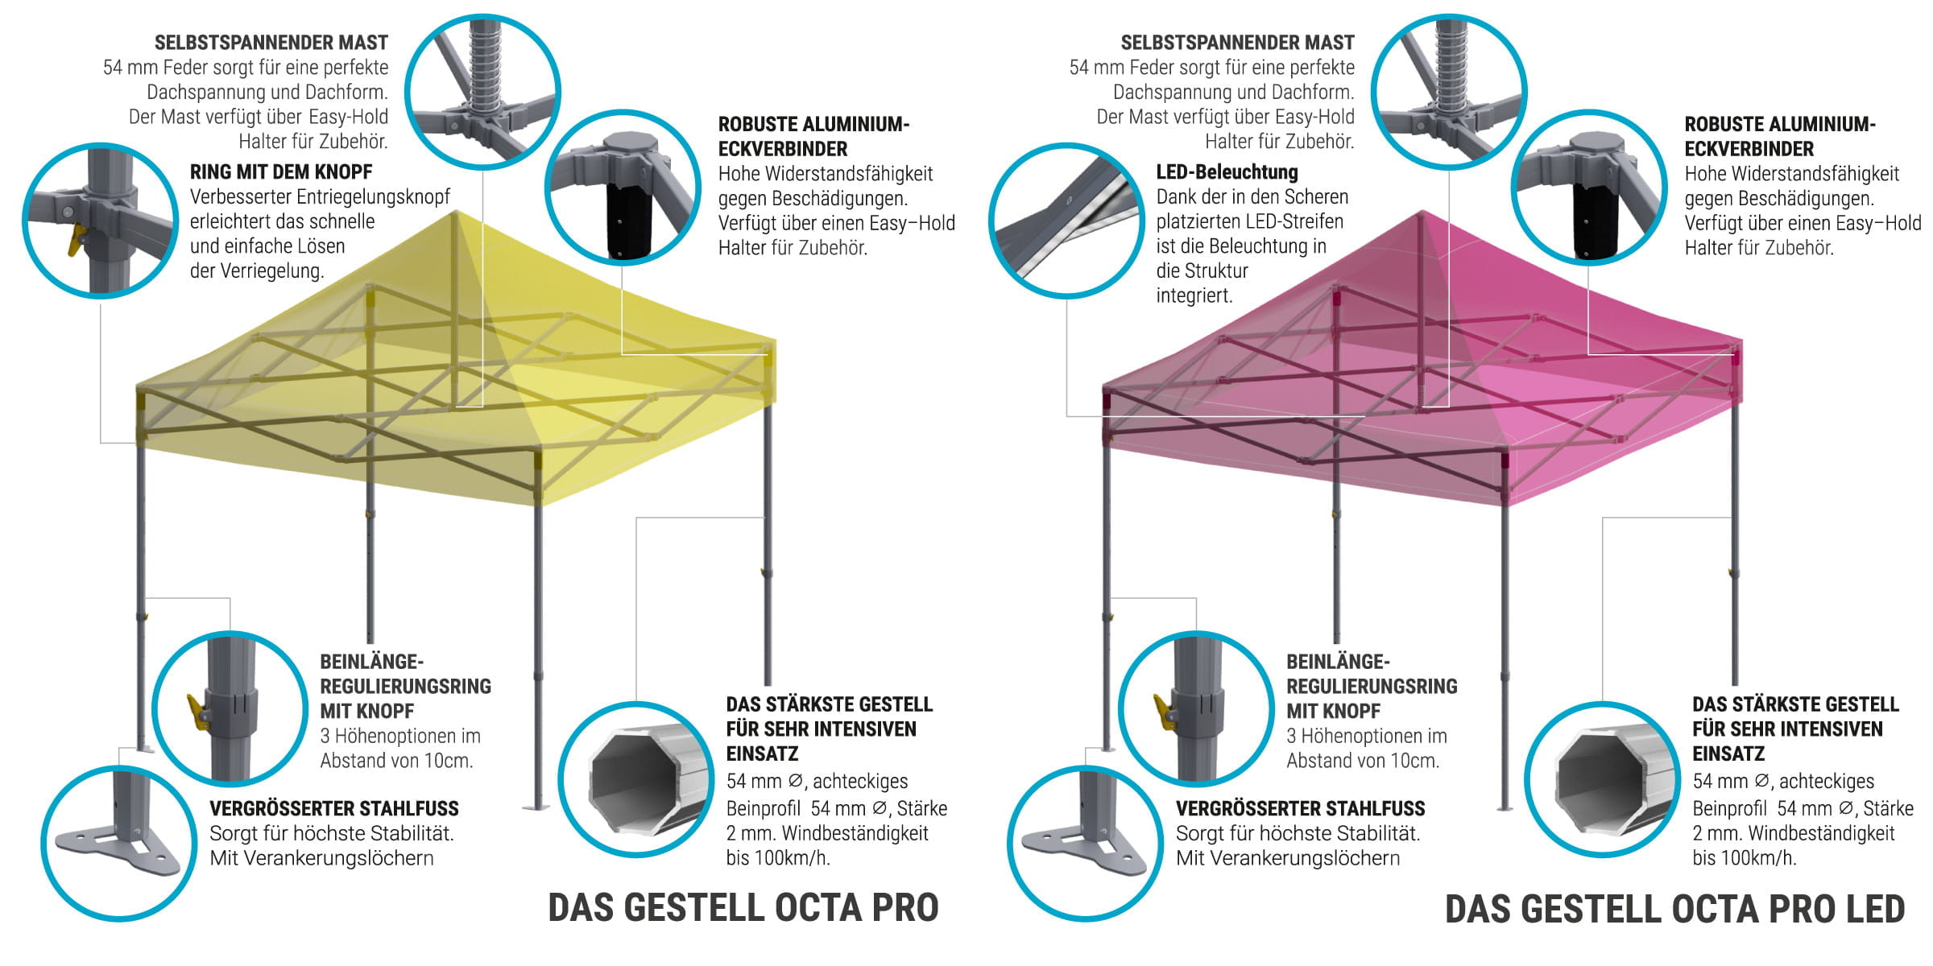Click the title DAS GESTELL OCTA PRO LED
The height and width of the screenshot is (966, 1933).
pos(1674,909)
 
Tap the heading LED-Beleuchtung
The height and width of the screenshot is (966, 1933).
pos(1227,172)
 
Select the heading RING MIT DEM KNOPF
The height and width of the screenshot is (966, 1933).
pos(281,172)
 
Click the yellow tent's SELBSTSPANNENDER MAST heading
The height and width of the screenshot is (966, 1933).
pos(271,43)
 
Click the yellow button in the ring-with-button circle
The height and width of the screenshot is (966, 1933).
pos(77,240)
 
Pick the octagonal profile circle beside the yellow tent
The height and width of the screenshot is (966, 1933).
pos(636,779)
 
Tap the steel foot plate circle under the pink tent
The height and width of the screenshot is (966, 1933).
pos(1084,842)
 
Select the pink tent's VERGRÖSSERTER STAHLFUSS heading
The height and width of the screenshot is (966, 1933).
pos(1300,809)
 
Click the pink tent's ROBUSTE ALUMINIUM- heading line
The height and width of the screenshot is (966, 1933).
pos(1780,125)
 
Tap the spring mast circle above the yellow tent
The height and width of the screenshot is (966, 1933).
pos(482,91)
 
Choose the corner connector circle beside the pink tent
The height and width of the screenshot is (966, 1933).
pos(1588,187)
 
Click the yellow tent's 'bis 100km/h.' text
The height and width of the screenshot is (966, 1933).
pos(777,858)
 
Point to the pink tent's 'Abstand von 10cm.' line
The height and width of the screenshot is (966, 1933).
pos(1362,761)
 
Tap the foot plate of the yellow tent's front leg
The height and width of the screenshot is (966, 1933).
pos(536,807)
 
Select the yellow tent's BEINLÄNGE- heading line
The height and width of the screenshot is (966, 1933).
pos(371,662)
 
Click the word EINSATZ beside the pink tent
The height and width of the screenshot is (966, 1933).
pos(1728,754)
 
